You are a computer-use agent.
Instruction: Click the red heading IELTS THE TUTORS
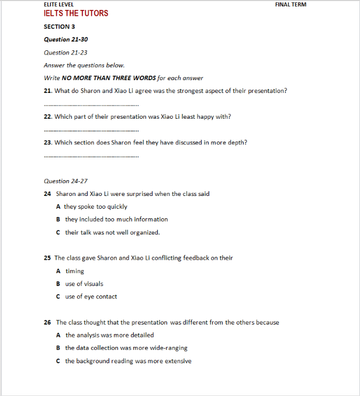(x=76, y=13)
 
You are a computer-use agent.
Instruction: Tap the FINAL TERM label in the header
(x=290, y=5)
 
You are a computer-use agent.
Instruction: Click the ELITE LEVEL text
(x=59, y=5)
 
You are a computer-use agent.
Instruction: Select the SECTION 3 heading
(x=59, y=27)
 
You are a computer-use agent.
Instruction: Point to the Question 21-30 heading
(x=66, y=40)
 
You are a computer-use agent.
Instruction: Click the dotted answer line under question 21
(x=91, y=105)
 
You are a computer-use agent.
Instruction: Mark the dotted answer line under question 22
(x=91, y=130)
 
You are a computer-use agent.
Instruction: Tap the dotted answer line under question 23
(x=91, y=156)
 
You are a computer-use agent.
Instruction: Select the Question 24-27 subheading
(x=65, y=181)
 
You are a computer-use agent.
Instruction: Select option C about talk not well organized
(x=112, y=232)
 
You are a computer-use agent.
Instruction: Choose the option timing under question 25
(x=74, y=271)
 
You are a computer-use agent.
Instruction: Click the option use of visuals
(x=84, y=284)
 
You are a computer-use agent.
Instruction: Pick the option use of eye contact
(x=91, y=297)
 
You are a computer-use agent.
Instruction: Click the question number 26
(x=47, y=322)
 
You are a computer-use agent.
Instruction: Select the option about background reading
(x=128, y=361)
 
